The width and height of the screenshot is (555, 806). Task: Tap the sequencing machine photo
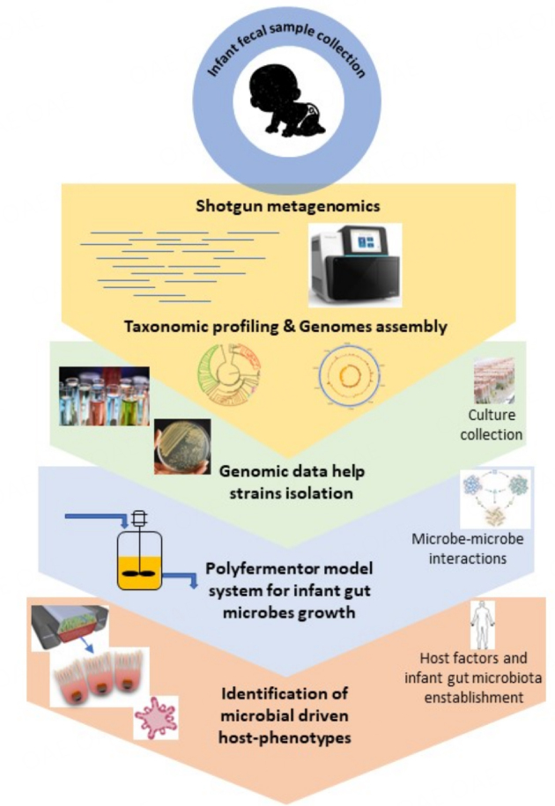click(355, 259)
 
